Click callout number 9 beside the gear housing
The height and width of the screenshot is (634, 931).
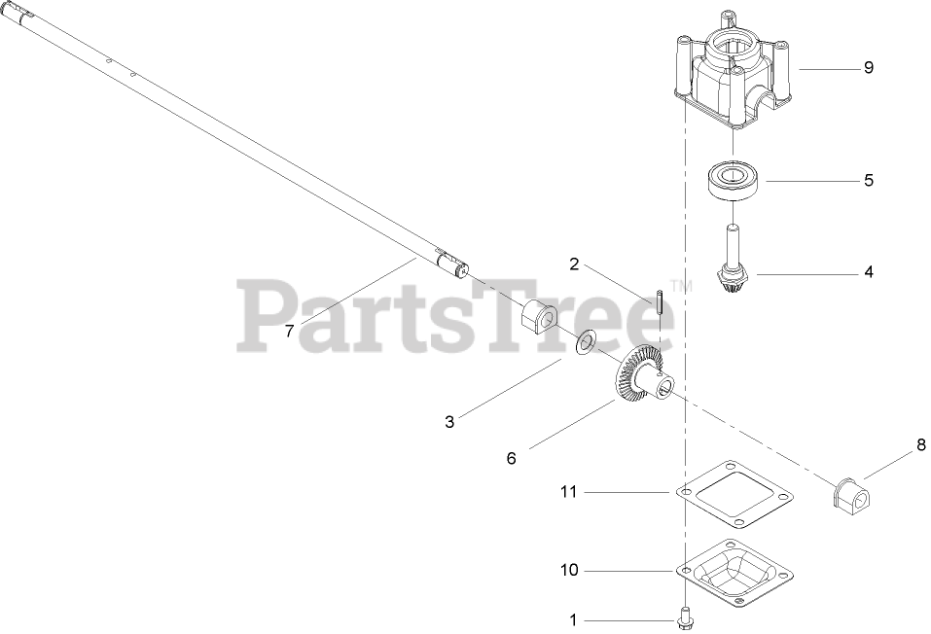[x=868, y=68]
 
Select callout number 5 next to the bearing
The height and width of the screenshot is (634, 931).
[x=868, y=180]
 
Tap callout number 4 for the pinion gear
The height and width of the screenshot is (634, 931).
[x=868, y=273]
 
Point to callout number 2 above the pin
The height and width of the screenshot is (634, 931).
[x=574, y=264]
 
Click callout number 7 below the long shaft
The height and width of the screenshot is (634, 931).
[x=289, y=331]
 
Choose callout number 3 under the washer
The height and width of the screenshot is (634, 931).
[x=449, y=421]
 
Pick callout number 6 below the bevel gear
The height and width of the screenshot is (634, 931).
[x=511, y=457]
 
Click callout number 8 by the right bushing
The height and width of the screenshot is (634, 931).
[x=920, y=447]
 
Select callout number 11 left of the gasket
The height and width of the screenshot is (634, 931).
[x=568, y=492]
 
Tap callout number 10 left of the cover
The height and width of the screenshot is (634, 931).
[x=568, y=570]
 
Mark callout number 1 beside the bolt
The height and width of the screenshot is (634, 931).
[x=573, y=618]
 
